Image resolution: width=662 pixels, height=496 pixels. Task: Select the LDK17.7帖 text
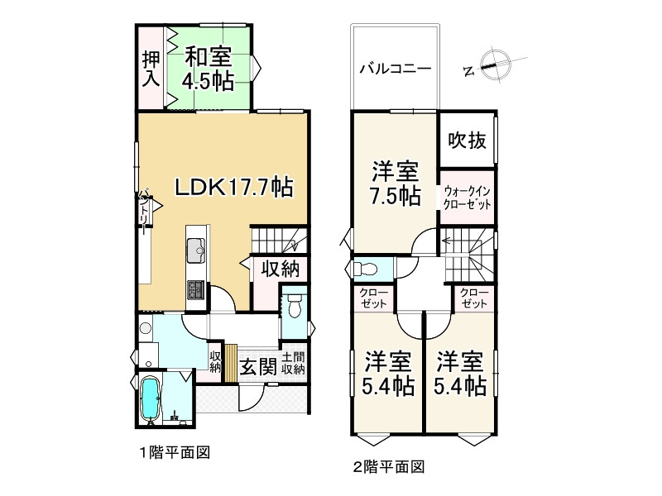click(232, 187)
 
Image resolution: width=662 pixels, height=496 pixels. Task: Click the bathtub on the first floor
click(151, 400)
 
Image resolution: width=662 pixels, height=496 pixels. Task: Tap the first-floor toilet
click(295, 307)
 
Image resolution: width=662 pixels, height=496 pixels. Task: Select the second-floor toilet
click(365, 269)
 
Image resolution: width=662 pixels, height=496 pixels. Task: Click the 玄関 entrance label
click(257, 365)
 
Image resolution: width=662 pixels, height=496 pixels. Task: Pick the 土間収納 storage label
click(293, 364)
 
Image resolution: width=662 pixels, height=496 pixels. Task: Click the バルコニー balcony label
click(394, 69)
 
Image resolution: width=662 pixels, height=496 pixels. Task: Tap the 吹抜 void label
click(467, 141)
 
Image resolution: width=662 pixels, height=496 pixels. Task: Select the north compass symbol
click(493, 63)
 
